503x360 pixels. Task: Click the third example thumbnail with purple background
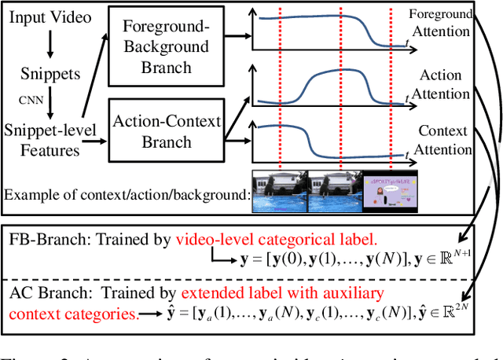[x=390, y=191]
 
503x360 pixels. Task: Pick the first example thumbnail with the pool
[x=278, y=191]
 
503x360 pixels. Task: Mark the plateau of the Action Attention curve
[x=338, y=74]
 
